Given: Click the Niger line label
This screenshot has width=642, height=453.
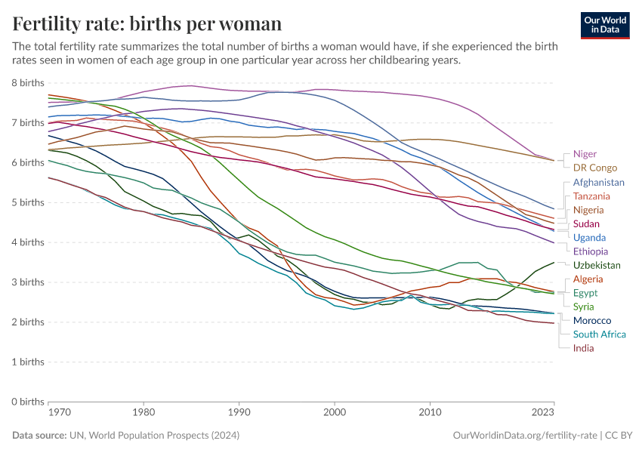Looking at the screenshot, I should [585, 154].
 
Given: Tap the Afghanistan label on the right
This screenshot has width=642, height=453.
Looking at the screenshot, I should [599, 183].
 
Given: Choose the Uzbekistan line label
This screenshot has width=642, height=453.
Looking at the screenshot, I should [597, 265].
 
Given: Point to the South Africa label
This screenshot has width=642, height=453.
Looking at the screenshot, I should [600, 334].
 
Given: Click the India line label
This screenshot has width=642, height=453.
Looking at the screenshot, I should [583, 348].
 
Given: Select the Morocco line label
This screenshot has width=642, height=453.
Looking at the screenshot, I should [592, 321].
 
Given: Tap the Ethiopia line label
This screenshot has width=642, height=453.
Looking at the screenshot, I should [591, 251].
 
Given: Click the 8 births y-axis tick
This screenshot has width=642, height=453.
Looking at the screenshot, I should [28, 82].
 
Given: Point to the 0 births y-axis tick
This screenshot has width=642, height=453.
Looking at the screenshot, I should [28, 402].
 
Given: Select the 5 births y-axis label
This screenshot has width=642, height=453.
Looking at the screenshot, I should [28, 202].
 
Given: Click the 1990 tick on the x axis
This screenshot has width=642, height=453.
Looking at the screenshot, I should [239, 414].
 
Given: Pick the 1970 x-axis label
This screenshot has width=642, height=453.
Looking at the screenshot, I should [48, 414].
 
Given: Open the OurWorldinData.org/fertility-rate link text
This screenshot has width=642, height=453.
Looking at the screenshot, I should [523, 436].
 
